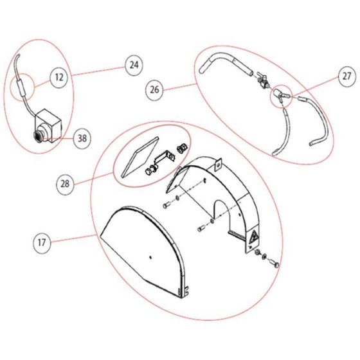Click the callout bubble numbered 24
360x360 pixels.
134,65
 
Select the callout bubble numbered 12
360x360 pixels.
59,77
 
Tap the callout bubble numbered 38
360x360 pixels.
82,138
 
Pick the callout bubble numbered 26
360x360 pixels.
154,90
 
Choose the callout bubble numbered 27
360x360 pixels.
347,76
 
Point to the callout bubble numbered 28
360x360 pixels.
65,184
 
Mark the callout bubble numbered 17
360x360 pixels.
42,242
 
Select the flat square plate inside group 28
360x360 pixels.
140,157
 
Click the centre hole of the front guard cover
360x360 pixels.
150,257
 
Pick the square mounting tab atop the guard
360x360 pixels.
219,165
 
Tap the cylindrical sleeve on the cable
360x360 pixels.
21,87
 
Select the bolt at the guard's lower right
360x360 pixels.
274,263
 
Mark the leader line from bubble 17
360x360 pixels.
73,239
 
